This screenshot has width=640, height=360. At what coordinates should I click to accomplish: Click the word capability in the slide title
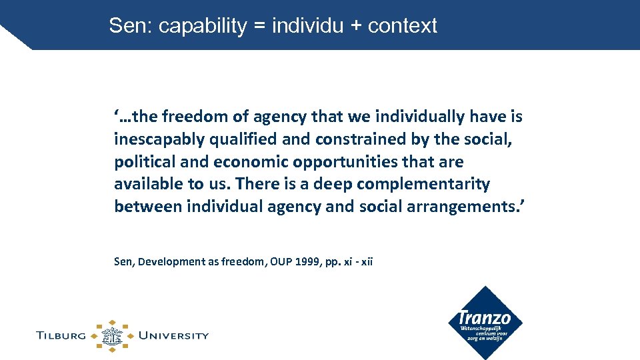[x=203, y=27]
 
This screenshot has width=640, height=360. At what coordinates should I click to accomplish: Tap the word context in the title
[x=402, y=27]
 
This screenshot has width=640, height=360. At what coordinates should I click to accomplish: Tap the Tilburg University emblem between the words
[x=112, y=335]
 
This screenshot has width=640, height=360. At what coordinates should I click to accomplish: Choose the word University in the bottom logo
[x=173, y=335]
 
